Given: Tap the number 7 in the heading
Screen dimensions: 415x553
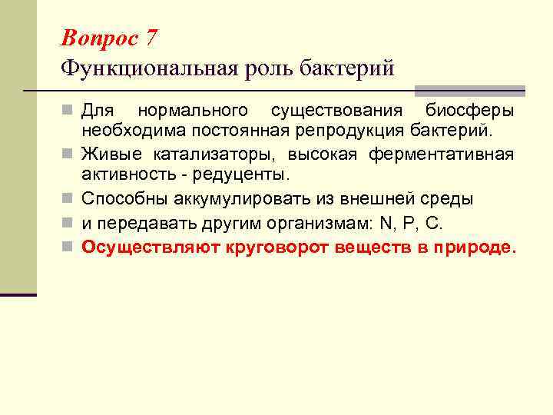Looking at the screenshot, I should point(151,37).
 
